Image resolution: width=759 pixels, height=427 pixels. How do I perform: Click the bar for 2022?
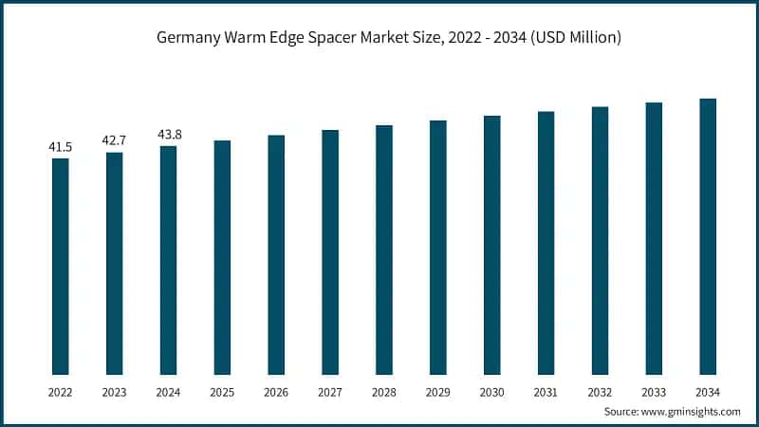tap(60, 266)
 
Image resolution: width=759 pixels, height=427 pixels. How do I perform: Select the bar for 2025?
tap(222, 257)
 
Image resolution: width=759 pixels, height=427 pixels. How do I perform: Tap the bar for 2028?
tap(384, 250)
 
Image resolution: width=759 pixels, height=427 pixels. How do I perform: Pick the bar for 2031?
tap(546, 243)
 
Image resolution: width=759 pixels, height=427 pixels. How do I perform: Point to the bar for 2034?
tap(708, 236)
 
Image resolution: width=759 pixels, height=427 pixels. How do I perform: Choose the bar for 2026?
tap(276, 254)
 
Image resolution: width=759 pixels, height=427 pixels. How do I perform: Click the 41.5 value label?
tap(60, 147)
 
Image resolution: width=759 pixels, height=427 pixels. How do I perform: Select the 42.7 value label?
tap(114, 141)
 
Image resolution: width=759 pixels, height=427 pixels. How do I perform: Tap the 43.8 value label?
tap(168, 135)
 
